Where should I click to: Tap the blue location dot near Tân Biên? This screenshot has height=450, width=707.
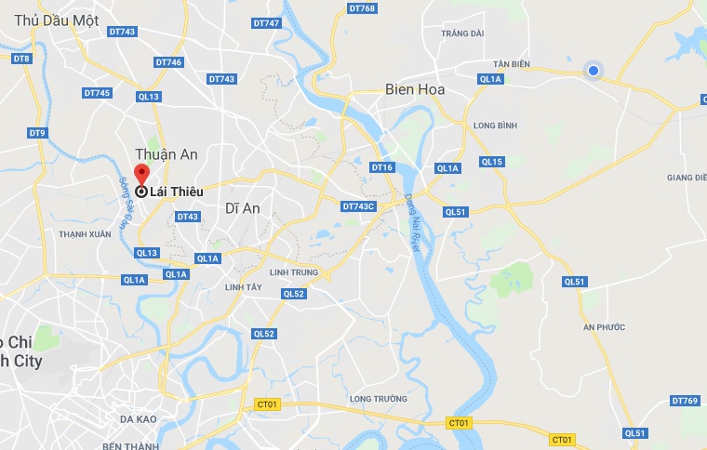click(x=593, y=70)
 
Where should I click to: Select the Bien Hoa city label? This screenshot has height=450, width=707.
click(x=415, y=90)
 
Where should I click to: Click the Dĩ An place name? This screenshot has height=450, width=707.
click(x=243, y=208)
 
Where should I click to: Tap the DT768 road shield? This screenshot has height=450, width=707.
click(x=361, y=8)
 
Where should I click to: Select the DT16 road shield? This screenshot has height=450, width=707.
click(x=382, y=167)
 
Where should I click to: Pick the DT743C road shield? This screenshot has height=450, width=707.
click(x=358, y=206)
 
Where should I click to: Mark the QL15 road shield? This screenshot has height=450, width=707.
click(x=492, y=162)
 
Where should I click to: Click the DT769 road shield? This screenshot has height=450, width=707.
click(x=684, y=401)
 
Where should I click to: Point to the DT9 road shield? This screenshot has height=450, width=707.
click(x=37, y=134)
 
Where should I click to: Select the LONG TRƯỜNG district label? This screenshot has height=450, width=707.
click(x=379, y=399)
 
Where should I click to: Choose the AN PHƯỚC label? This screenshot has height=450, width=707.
click(x=605, y=327)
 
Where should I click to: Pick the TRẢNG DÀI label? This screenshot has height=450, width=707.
click(x=462, y=33)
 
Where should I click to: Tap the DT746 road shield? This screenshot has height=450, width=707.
click(x=168, y=62)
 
